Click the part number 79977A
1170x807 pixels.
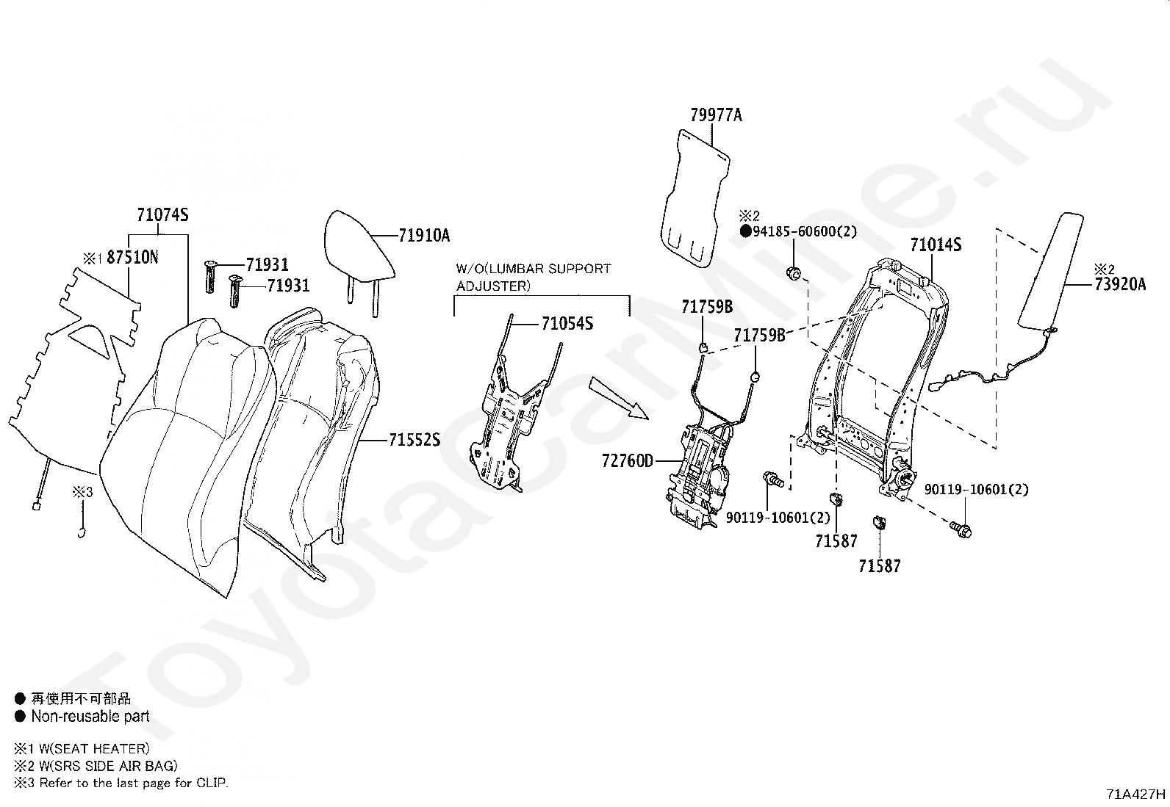(716, 115)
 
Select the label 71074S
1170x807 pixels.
(162, 215)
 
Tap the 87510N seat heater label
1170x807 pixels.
(132, 258)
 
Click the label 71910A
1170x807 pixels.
(424, 236)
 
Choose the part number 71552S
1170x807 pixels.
(414, 441)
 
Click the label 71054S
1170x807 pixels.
(567, 324)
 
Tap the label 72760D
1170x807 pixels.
(627, 461)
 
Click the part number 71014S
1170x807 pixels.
(936, 245)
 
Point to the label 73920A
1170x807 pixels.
(1119, 285)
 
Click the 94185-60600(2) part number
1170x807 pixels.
(804, 232)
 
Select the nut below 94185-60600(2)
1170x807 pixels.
(794, 274)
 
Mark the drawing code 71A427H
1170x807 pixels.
(1136, 794)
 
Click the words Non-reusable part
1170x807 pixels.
(90, 717)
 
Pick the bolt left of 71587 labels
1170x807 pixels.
(773, 479)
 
